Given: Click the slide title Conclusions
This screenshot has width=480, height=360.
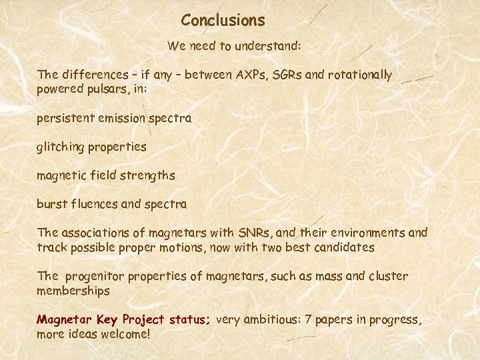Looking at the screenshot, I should (x=223, y=21).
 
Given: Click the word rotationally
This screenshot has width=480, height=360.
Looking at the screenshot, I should (x=361, y=75).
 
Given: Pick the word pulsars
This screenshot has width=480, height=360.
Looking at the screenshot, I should (x=111, y=88).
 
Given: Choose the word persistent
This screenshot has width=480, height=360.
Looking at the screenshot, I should (x=66, y=119).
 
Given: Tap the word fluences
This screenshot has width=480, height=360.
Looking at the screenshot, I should (x=93, y=203).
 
